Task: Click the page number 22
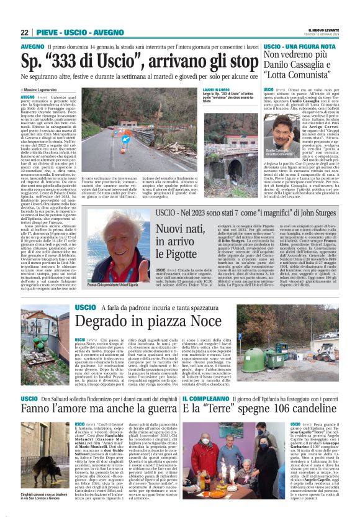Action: pos(25,33)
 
